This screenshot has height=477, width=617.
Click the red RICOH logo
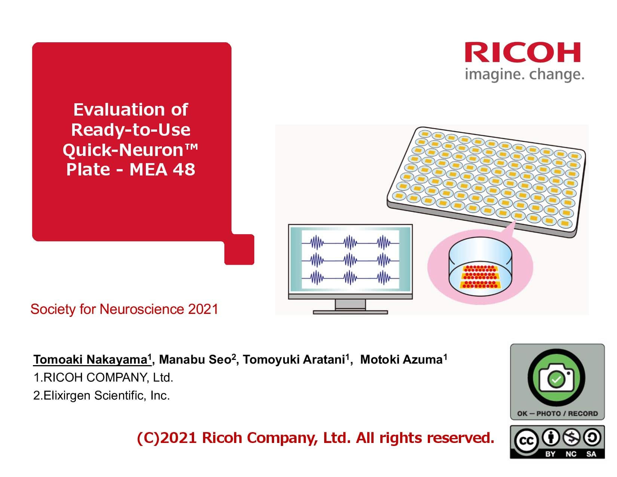pos(522,52)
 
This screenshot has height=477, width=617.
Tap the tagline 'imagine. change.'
pos(524,74)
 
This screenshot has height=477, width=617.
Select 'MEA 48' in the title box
pos(162,169)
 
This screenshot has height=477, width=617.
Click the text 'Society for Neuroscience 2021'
pos(124,309)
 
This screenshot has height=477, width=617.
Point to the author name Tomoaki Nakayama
pos(90,360)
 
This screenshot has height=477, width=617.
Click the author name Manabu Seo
pos(195,360)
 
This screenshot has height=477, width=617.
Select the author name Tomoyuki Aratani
pos(294,360)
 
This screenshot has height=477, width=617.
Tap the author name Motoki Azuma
pos(401,360)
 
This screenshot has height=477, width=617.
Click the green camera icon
pos(557,378)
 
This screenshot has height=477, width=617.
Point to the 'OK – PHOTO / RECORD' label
pos(557,413)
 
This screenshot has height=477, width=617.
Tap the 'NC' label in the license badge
pos(571,454)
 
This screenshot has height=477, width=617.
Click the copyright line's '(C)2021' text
pos(167,438)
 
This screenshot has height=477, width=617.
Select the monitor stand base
pos(350,312)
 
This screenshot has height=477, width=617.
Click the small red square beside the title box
pos(239,250)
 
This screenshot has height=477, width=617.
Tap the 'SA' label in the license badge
pos(591,454)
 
